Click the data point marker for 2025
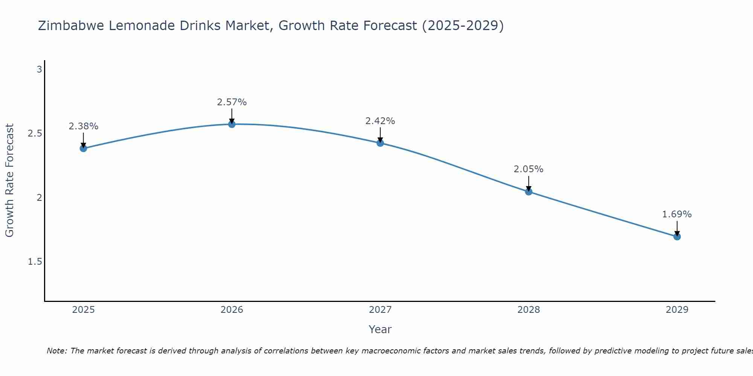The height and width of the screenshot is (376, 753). (x=83, y=148)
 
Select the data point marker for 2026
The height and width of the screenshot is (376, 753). (x=232, y=124)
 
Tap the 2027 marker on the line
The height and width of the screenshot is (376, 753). (x=380, y=143)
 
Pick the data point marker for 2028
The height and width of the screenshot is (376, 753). (x=529, y=192)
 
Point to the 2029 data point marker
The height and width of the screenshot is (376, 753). (x=677, y=237)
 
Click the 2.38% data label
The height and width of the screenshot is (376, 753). (x=83, y=126)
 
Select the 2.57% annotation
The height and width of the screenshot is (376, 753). (x=232, y=102)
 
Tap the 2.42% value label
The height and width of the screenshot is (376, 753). (x=380, y=121)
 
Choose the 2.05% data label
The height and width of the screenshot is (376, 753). (x=529, y=169)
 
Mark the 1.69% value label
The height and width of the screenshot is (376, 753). (x=677, y=214)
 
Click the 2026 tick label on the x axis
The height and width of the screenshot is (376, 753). (x=232, y=310)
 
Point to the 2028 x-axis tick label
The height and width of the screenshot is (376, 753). (x=529, y=310)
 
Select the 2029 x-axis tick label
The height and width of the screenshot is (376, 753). (x=677, y=310)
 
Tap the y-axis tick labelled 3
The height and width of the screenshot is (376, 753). (x=39, y=70)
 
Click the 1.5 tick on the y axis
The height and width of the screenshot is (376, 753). (x=35, y=262)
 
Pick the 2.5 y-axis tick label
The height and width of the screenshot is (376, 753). (x=35, y=134)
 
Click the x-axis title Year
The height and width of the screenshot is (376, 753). (x=380, y=329)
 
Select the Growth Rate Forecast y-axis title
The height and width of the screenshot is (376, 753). (x=10, y=180)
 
